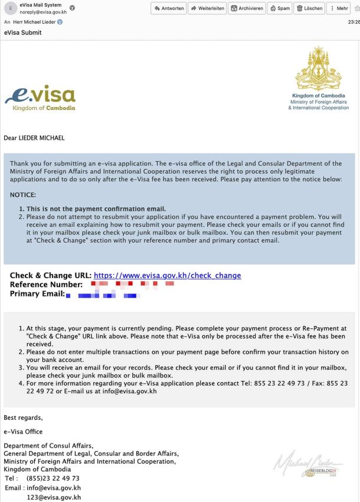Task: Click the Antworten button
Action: tap(169, 8)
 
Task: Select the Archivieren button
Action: tap(246, 8)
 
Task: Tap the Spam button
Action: tap(279, 8)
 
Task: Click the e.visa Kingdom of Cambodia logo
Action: tap(40, 98)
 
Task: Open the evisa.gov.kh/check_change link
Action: tap(167, 276)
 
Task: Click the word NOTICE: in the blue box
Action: tap(23, 194)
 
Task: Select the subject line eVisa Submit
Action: tap(22, 32)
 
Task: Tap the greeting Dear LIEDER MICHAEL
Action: tap(34, 138)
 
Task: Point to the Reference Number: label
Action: tap(46, 285)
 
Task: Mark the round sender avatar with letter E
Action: tap(10, 9)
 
